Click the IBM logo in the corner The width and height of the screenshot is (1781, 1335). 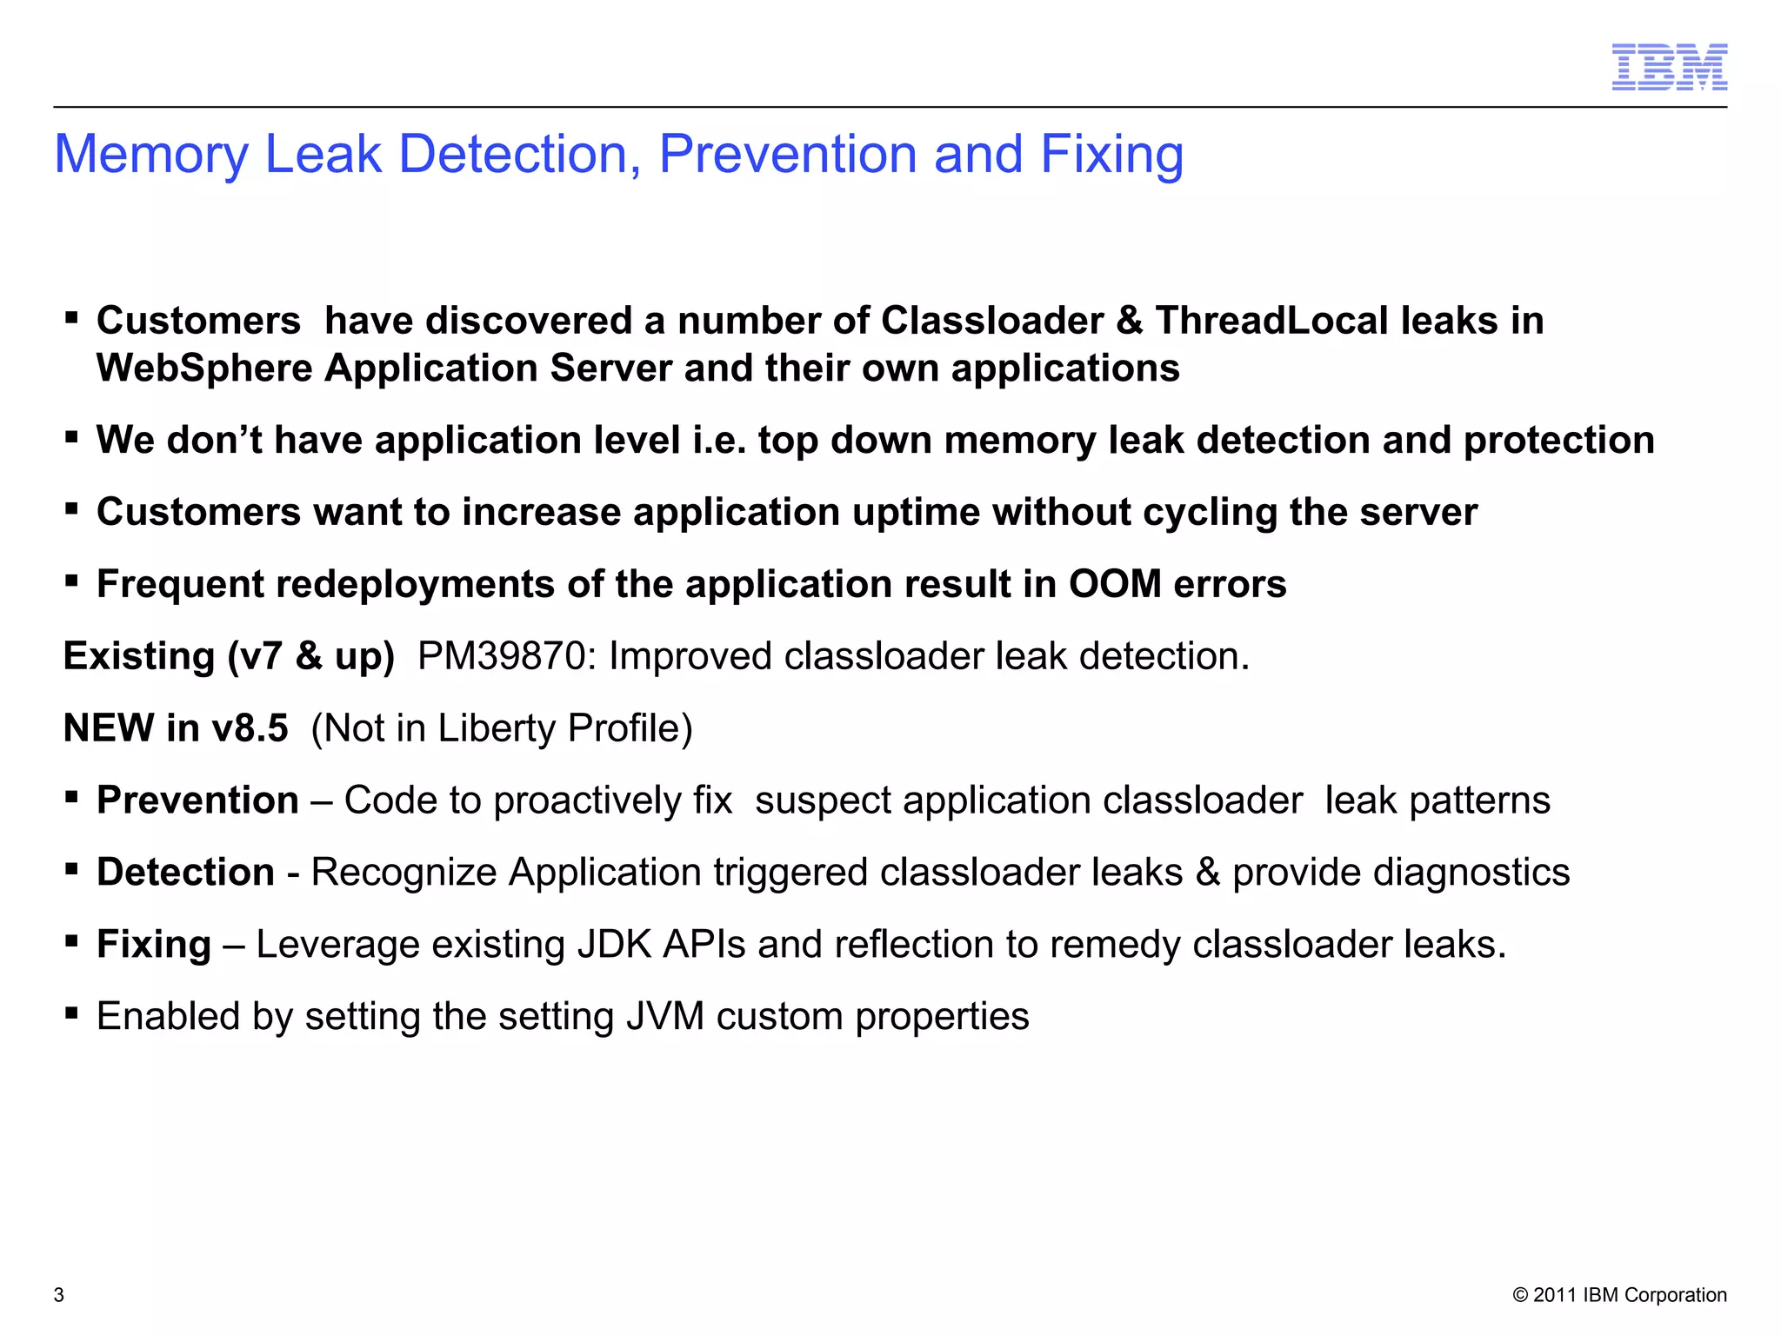(x=1669, y=67)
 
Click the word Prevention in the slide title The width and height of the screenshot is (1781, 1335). (x=788, y=154)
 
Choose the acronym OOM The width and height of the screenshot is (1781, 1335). (x=1115, y=584)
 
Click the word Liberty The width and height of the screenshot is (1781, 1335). (x=497, y=728)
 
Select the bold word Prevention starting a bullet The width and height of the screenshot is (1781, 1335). (x=197, y=800)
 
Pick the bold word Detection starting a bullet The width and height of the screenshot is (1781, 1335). (x=185, y=873)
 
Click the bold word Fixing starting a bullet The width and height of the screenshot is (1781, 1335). (x=154, y=945)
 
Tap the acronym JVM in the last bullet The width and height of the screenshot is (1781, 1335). (x=664, y=1017)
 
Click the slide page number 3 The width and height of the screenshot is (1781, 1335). (x=59, y=1295)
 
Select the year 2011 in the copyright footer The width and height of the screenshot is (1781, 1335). (x=1555, y=1295)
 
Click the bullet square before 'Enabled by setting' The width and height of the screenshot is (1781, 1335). (x=72, y=1012)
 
